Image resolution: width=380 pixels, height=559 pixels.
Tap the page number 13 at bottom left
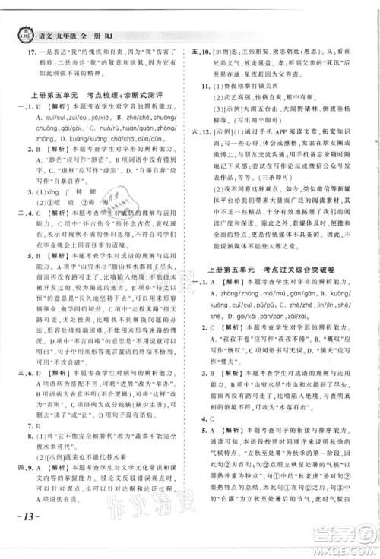tap(22, 540)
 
